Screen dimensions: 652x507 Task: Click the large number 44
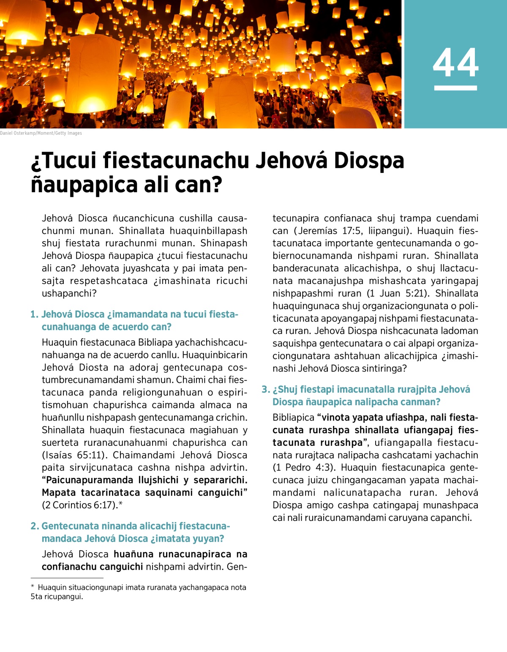click(x=455, y=63)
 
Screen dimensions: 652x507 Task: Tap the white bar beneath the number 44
click(x=455, y=88)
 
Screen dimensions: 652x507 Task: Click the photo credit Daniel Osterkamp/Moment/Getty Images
click(x=41, y=133)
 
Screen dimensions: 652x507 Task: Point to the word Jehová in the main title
click(x=292, y=161)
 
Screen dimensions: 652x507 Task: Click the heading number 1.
click(x=34, y=314)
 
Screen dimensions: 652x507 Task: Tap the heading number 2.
click(x=35, y=526)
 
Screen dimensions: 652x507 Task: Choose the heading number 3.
click(x=265, y=390)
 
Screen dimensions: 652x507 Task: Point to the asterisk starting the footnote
click(x=33, y=587)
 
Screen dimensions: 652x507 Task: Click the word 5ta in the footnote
click(x=36, y=597)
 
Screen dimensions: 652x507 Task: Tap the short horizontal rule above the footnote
click(x=67, y=578)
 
